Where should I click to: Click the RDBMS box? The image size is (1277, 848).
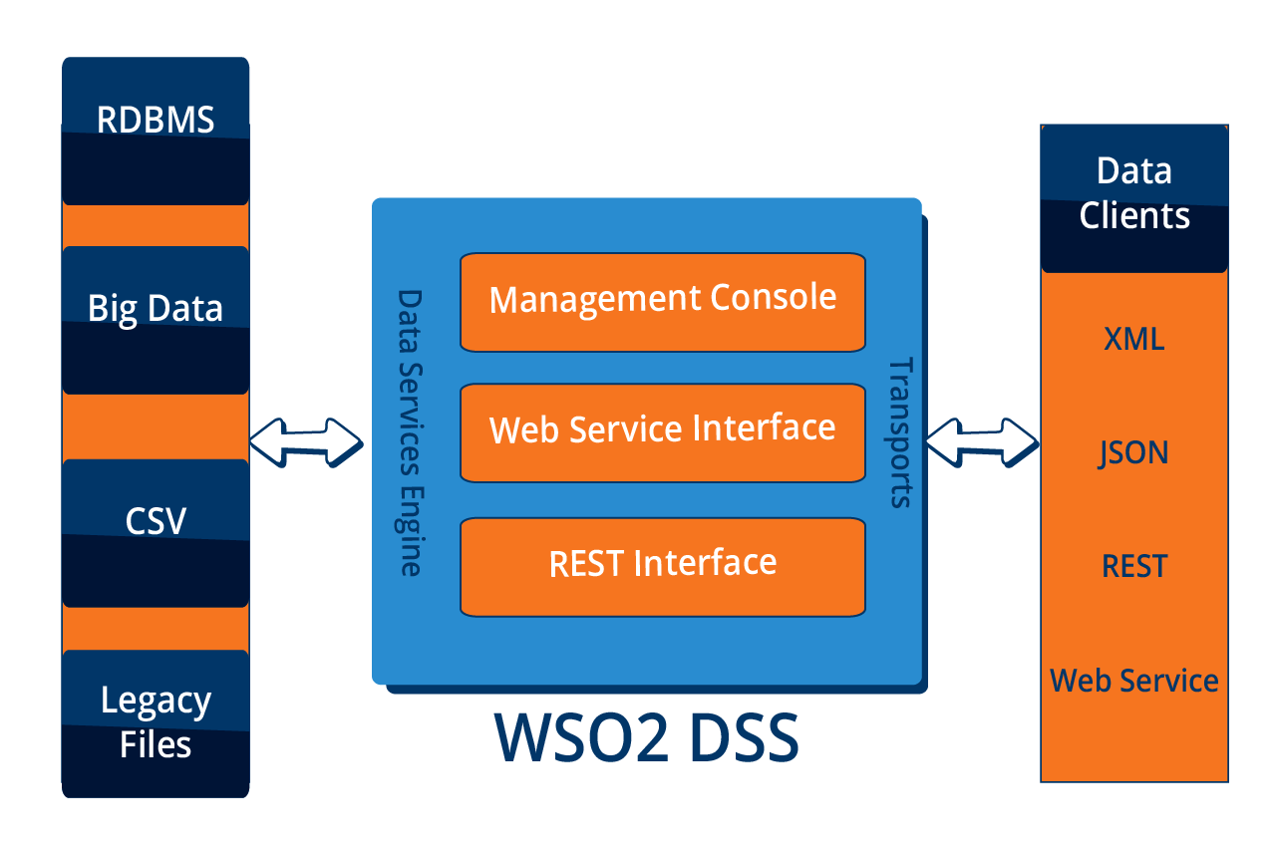[x=156, y=131]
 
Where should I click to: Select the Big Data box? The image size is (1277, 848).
[x=156, y=319]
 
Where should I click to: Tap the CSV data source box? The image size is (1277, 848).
[x=156, y=532]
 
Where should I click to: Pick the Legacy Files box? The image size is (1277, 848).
[x=156, y=722]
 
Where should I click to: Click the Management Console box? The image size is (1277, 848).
[x=662, y=302]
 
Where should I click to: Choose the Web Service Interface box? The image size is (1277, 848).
[x=662, y=431]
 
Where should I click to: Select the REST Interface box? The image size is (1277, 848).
[x=662, y=565]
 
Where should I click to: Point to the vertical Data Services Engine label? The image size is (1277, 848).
[x=410, y=432]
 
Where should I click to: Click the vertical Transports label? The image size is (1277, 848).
[x=899, y=432]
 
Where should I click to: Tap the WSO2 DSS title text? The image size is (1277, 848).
[x=647, y=738]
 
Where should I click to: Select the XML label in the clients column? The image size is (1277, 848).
[x=1134, y=339]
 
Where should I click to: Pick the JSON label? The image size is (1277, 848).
[x=1134, y=452]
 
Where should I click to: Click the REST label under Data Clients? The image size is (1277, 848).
[x=1134, y=566]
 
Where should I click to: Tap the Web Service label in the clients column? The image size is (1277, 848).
[x=1134, y=681]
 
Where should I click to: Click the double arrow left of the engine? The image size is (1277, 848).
[x=306, y=440]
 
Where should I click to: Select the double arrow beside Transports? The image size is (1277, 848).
[x=982, y=441]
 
